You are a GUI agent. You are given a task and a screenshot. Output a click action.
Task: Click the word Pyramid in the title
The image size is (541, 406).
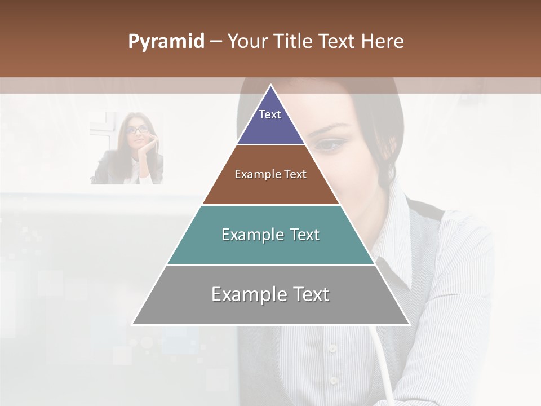tap(166, 42)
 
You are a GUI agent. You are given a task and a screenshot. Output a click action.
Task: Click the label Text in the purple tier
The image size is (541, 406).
tap(270, 114)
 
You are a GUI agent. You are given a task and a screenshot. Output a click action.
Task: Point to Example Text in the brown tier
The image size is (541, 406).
tap(270, 174)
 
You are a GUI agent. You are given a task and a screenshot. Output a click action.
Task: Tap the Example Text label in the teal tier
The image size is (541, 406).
tap(270, 235)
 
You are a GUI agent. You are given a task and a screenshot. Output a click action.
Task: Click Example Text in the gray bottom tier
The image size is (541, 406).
tap(270, 294)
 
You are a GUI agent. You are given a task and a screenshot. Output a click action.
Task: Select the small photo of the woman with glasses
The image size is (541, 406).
tap(127, 148)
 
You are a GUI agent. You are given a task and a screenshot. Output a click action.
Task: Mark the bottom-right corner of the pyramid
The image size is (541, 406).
tap(409, 324)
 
